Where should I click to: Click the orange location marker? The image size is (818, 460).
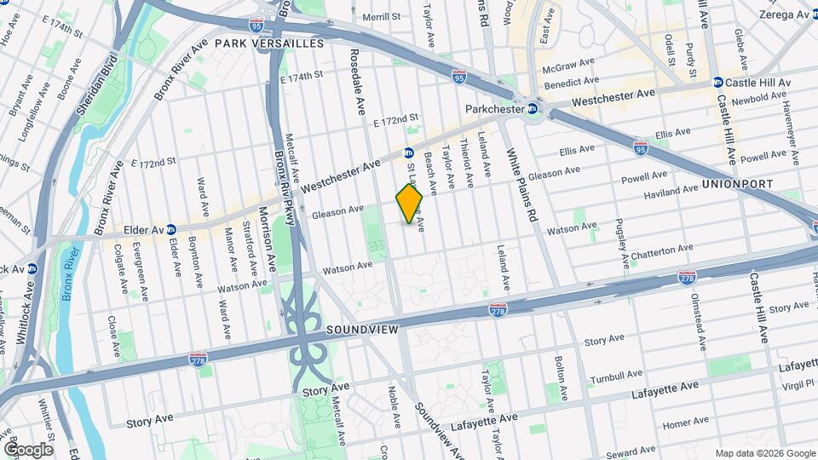coord(409,204)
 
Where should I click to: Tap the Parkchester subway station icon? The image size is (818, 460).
coord(533,108)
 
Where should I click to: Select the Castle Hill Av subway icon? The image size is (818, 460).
coord(717,83)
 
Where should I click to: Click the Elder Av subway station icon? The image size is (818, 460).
coord(171,228)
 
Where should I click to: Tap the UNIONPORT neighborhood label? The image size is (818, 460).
coord(737,184)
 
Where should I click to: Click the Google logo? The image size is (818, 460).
coord(28,449)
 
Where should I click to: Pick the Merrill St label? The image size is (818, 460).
coord(381,16)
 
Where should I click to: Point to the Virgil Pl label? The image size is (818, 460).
coord(797,385)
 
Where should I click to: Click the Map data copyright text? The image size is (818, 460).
coord(763,452)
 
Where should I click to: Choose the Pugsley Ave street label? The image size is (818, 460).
coord(621,233)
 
